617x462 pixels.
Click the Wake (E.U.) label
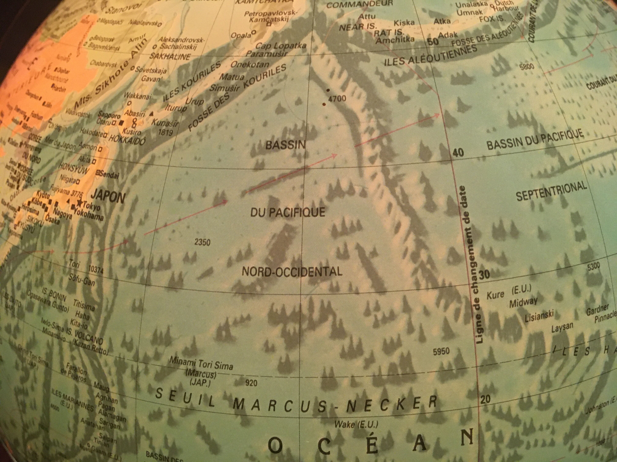click(x=356, y=424)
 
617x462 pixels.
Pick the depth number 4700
click(x=338, y=99)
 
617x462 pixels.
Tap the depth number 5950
click(x=441, y=351)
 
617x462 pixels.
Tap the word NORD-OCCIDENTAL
click(x=292, y=271)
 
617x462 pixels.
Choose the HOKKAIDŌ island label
click(x=127, y=139)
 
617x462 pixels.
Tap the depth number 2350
click(x=202, y=242)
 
